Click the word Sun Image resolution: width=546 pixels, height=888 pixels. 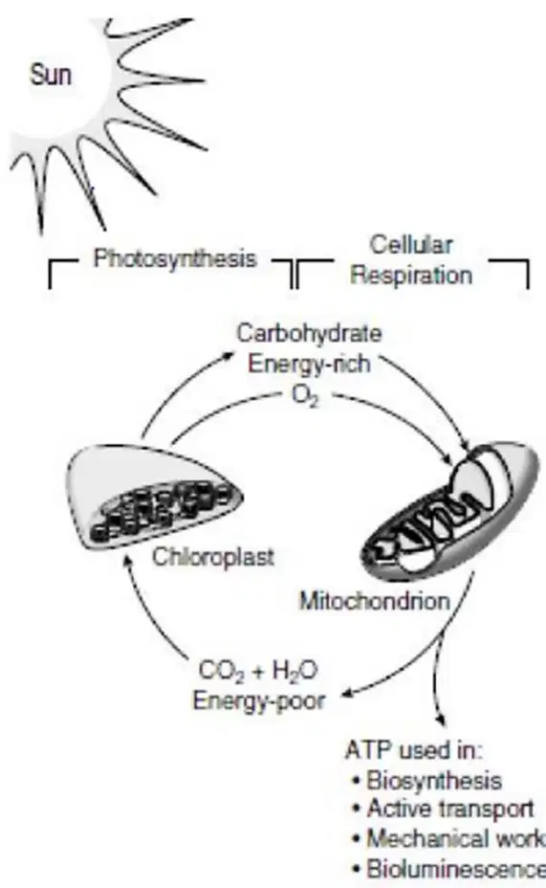(x=51, y=75)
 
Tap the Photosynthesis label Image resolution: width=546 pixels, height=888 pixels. (x=175, y=258)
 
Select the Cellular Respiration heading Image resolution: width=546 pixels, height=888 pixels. (x=411, y=260)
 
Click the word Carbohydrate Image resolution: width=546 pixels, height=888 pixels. (x=309, y=333)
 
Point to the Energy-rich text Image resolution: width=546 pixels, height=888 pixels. (x=309, y=363)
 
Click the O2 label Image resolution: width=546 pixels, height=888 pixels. (x=306, y=396)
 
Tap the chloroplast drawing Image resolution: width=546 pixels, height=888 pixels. (x=154, y=498)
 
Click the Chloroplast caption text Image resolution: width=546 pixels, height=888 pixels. (x=212, y=557)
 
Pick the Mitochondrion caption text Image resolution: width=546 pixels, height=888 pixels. (x=375, y=601)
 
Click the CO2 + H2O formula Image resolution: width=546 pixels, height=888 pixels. (x=258, y=672)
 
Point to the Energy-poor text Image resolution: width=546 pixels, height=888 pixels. (x=258, y=701)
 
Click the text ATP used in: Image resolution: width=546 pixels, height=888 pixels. (x=414, y=750)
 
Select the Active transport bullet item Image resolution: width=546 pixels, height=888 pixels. (x=444, y=809)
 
